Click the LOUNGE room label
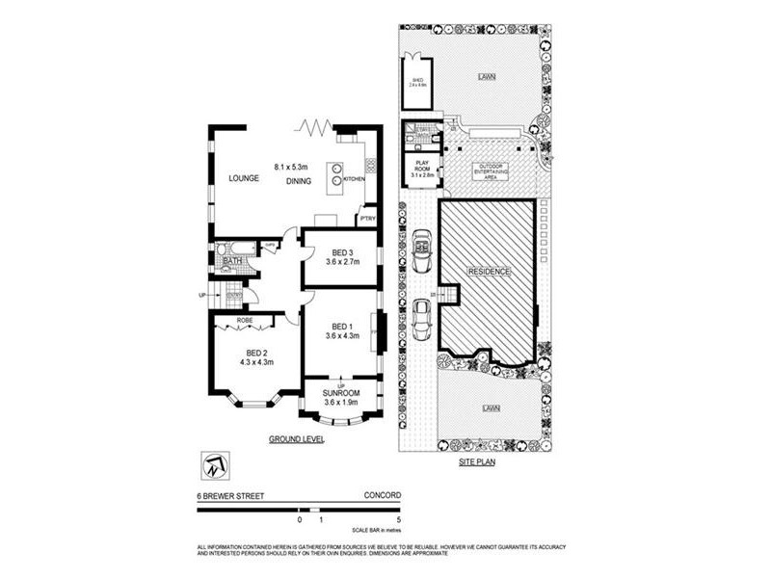tap(245, 178)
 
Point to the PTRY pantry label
tap(367, 219)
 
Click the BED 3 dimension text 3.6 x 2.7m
tap(342, 261)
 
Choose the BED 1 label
tap(342, 326)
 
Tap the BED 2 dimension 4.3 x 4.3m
tap(255, 362)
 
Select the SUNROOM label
tap(341, 393)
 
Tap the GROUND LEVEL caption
tap(296, 439)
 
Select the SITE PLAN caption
tap(477, 462)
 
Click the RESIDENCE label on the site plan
tap(489, 273)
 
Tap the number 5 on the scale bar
tap(398, 519)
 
